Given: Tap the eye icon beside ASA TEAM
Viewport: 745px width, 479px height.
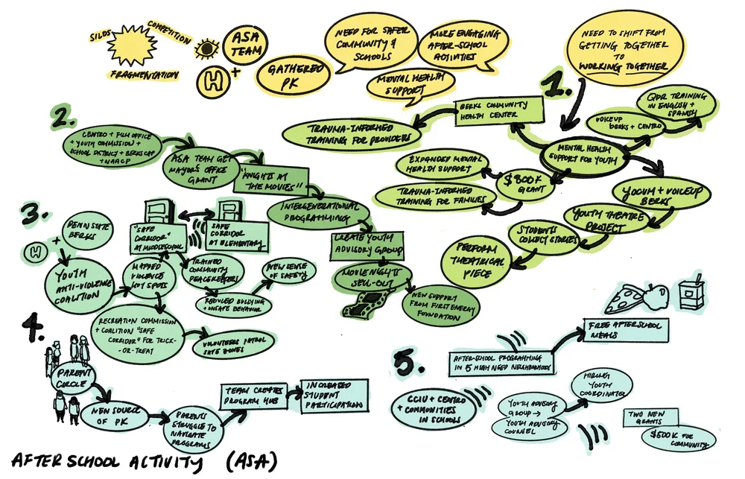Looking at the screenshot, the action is pyautogui.click(x=203, y=50).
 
